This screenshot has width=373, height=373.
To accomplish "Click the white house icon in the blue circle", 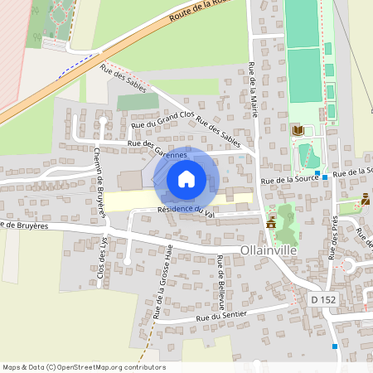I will tap(186, 178).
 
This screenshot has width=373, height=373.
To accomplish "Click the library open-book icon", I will tap(298, 130).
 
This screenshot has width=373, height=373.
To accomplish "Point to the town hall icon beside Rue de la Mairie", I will tap(271, 223).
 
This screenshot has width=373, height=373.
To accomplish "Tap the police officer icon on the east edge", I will tap(366, 199).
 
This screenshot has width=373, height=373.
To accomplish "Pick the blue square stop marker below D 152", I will tap(335, 346).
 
